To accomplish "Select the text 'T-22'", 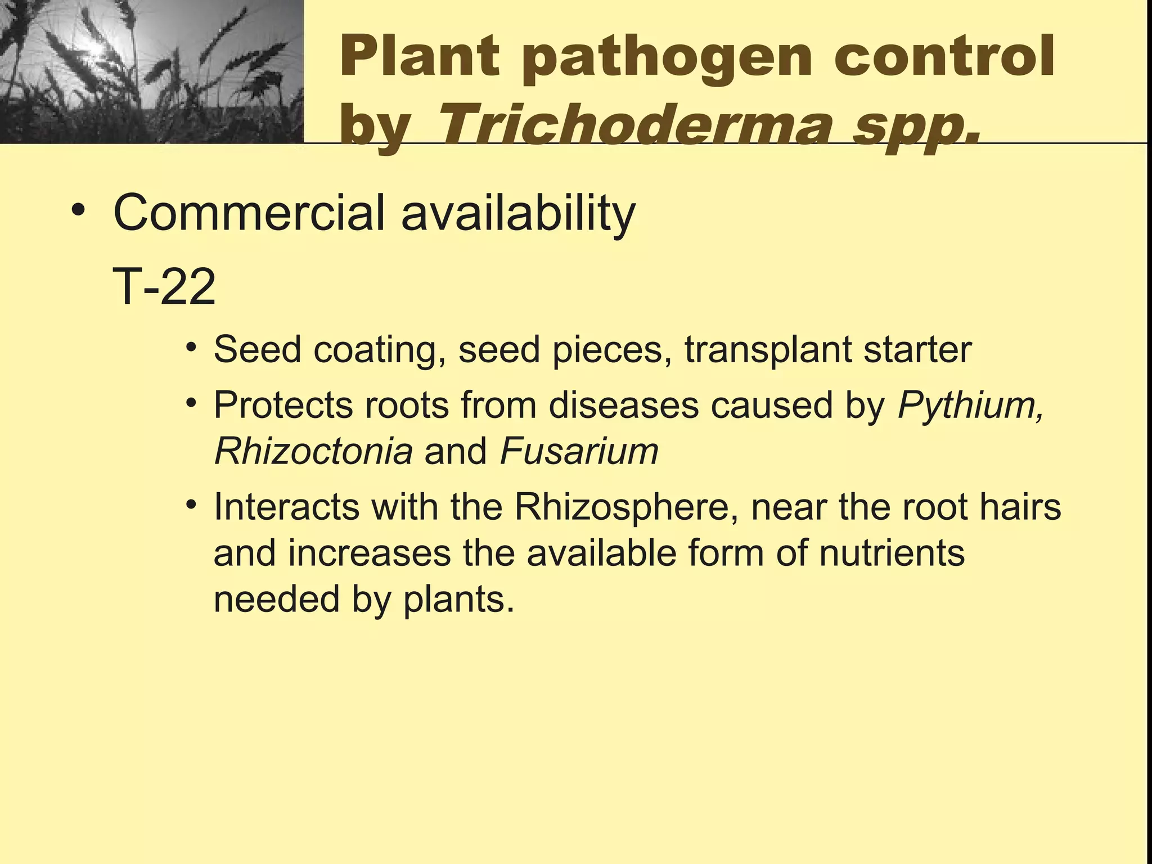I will coord(164,287).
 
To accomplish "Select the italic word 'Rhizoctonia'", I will coord(313,451).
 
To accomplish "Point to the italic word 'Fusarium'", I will coord(579,451).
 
